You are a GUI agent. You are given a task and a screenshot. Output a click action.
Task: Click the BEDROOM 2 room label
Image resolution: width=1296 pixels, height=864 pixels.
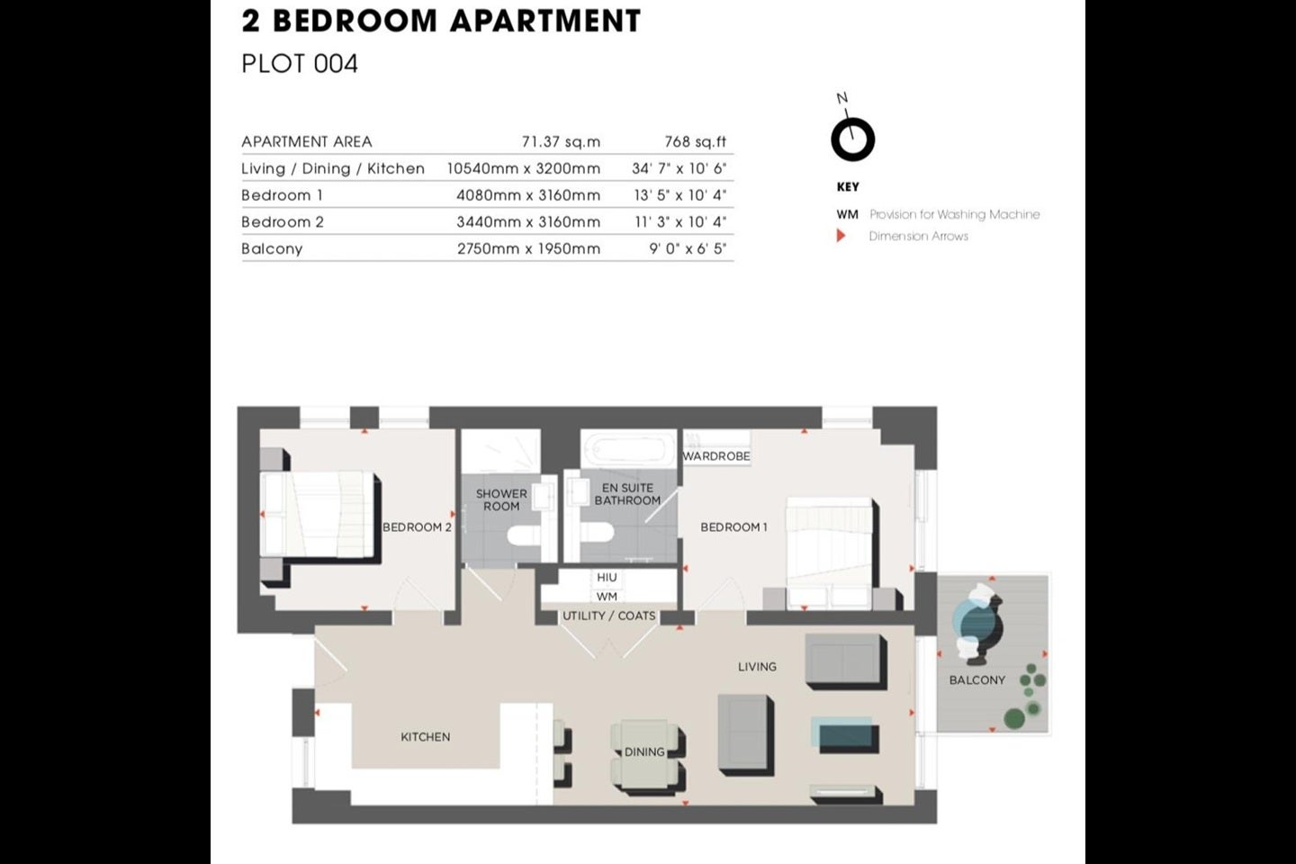[417, 527]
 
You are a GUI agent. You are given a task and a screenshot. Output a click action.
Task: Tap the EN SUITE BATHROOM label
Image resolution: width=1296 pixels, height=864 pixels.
[627, 494]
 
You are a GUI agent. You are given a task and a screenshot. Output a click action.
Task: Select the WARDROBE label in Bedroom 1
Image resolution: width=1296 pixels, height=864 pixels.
[716, 456]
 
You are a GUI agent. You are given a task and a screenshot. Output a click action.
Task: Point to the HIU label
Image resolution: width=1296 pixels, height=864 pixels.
[607, 577]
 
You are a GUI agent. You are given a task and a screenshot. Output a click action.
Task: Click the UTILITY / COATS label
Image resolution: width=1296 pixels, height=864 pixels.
[609, 616]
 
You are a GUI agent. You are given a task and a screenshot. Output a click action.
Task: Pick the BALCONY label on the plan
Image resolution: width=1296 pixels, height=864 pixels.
[977, 680]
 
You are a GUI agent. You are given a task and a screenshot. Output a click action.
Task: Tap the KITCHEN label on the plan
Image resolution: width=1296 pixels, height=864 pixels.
[425, 737]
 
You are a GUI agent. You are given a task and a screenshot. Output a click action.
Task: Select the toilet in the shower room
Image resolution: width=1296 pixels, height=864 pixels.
[524, 535]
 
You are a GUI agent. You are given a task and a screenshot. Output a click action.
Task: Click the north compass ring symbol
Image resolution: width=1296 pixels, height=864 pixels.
[853, 139]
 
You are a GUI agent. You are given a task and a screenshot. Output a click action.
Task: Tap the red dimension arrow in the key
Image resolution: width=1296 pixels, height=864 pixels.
[841, 236]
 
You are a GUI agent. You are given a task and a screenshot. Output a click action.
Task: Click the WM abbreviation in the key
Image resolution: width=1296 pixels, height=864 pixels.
[847, 215]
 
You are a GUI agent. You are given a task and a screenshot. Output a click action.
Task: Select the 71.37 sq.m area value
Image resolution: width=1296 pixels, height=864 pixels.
[561, 142]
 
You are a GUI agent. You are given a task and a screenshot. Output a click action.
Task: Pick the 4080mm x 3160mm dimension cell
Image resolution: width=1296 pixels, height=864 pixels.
[528, 195]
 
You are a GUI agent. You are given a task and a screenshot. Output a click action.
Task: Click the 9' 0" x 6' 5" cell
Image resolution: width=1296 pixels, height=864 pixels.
[688, 248]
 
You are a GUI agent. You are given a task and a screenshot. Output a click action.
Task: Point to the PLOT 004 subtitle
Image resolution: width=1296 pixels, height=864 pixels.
[300, 64]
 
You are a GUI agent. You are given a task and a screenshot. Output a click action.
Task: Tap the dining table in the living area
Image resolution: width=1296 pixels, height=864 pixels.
[644, 752]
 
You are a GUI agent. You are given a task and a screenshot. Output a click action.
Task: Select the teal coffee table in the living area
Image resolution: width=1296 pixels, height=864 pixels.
[843, 731]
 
